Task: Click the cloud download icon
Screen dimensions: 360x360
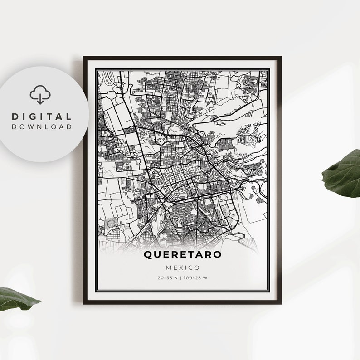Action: [x=40, y=95]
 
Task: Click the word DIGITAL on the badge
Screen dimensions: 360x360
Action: [x=42, y=117]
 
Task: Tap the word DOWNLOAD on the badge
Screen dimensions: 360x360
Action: [x=42, y=127]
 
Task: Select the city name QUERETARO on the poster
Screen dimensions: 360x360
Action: [x=183, y=255]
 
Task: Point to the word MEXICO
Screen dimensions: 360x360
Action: [x=183, y=268]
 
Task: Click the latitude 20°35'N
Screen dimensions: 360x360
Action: [x=168, y=277]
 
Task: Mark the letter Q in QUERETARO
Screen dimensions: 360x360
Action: [x=148, y=255]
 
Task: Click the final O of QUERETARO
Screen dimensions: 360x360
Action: [x=218, y=255]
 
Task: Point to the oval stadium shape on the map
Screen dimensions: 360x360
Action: [x=111, y=224]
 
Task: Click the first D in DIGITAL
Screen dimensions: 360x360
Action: [x=15, y=117]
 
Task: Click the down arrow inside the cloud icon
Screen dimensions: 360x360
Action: [x=40, y=97]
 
